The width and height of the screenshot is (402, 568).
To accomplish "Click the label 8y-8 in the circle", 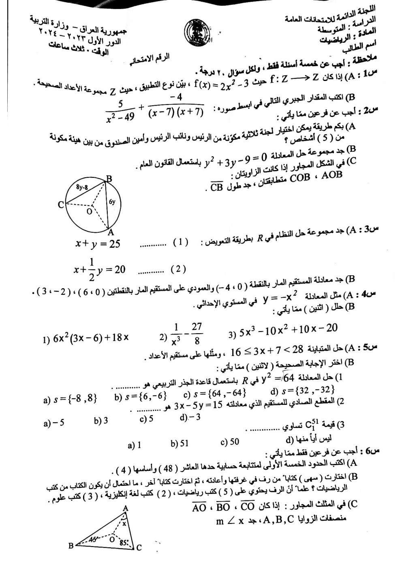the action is click(82, 187).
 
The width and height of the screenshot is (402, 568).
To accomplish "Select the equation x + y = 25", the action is click(98, 243).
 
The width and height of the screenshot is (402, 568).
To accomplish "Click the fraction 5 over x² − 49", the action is click(120, 111).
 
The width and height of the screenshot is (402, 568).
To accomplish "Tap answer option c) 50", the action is click(230, 442).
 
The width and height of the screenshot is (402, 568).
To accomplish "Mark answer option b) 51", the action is click(180, 443).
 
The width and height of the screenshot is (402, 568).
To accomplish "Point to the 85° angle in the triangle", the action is click(124, 542).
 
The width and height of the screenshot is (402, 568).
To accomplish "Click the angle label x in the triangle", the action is click(125, 524).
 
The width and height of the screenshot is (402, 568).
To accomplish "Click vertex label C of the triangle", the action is click(139, 548).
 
